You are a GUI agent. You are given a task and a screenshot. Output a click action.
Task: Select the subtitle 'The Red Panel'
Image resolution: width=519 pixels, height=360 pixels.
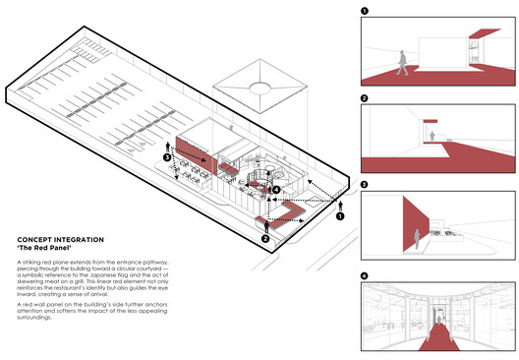point(39,248)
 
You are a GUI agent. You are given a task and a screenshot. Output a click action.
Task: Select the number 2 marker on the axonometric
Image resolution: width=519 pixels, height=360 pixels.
point(265,238)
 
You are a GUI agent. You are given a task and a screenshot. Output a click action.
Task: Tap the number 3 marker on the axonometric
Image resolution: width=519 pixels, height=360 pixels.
point(167,156)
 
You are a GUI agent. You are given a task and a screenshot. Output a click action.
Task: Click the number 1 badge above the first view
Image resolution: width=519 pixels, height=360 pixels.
point(365,12)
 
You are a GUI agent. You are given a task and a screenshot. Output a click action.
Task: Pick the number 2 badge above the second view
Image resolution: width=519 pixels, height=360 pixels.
point(365,98)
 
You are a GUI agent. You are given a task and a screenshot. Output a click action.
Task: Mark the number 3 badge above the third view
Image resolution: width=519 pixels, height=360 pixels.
point(365,184)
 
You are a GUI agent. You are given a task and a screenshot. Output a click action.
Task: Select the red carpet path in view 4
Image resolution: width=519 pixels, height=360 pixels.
point(433,339)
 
